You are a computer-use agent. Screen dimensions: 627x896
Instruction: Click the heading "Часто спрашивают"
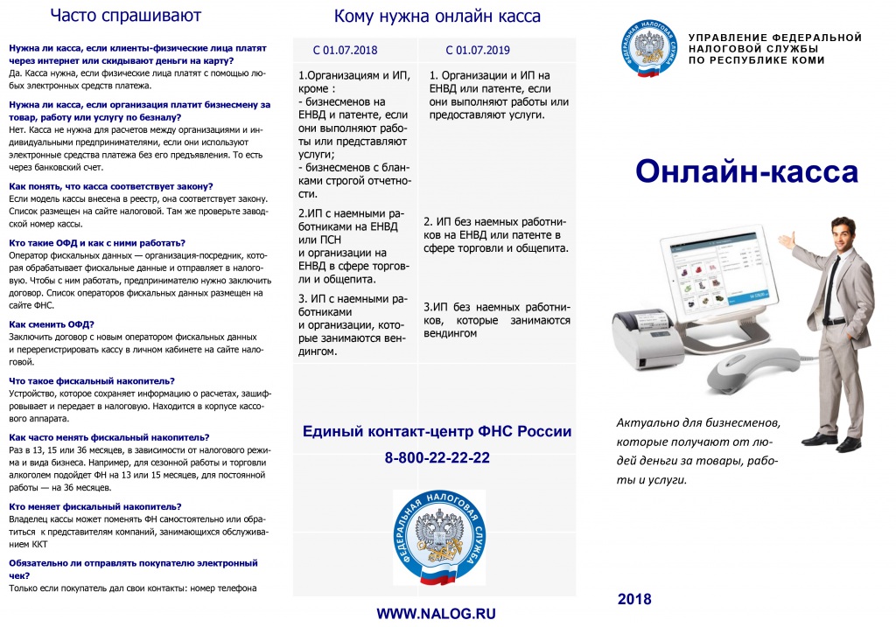click(125, 15)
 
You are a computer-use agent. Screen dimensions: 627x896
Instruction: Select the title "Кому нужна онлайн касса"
click(437, 17)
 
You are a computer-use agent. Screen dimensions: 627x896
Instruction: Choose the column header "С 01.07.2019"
click(477, 50)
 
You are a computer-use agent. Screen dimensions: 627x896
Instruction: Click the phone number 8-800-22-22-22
click(437, 458)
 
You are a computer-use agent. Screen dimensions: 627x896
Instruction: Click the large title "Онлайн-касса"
click(746, 172)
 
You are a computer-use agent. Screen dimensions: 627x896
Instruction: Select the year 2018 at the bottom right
click(634, 599)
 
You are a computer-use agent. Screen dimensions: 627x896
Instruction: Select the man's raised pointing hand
click(792, 238)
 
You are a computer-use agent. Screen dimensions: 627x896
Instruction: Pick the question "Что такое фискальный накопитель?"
click(92, 380)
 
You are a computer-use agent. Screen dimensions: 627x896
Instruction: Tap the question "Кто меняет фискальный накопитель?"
click(95, 506)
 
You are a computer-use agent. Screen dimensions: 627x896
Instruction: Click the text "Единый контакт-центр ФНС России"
click(437, 431)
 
